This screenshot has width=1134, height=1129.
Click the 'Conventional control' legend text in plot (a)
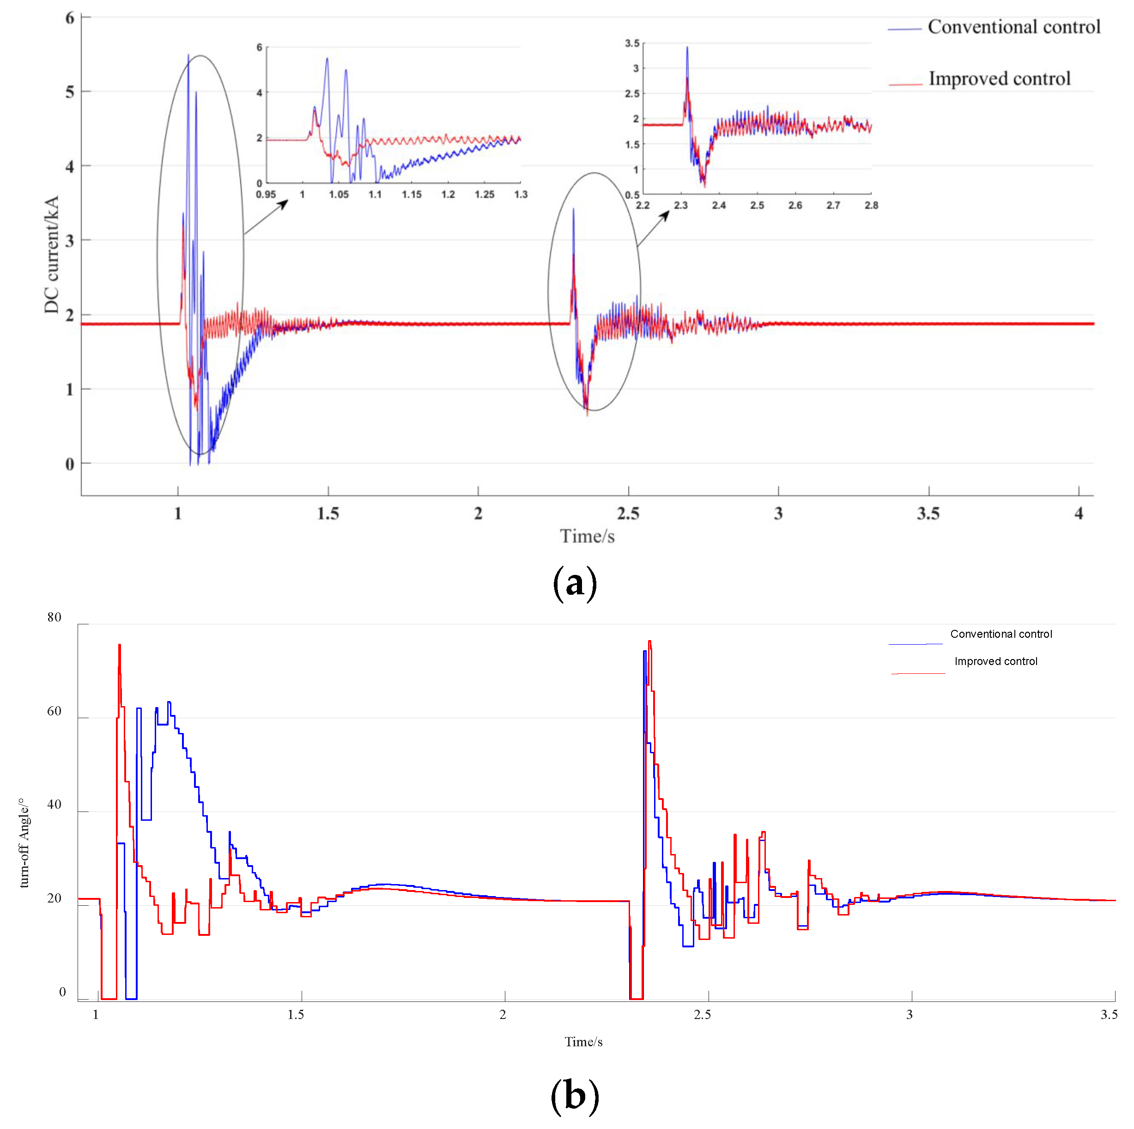(x=1014, y=27)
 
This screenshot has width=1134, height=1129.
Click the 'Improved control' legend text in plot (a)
(x=999, y=79)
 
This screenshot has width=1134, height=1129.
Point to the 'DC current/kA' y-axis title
(x=52, y=254)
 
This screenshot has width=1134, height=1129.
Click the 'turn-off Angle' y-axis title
(x=24, y=842)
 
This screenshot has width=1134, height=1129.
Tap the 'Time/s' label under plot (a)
(x=587, y=536)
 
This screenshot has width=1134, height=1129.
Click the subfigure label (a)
(x=575, y=583)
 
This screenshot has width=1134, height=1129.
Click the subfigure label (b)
(x=575, y=1096)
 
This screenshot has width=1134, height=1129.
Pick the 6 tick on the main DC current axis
(x=70, y=18)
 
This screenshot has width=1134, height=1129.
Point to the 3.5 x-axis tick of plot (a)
(x=928, y=514)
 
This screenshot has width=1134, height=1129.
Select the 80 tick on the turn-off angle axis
(x=54, y=617)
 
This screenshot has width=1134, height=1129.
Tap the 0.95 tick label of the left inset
(x=266, y=195)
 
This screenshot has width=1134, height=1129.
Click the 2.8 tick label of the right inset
(x=871, y=205)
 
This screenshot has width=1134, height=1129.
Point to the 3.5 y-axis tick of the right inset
(x=632, y=43)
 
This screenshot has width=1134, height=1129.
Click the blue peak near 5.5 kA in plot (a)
(x=188, y=56)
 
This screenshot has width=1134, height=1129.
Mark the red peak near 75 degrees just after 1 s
(x=120, y=646)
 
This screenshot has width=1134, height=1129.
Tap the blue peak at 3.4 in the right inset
(x=687, y=48)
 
